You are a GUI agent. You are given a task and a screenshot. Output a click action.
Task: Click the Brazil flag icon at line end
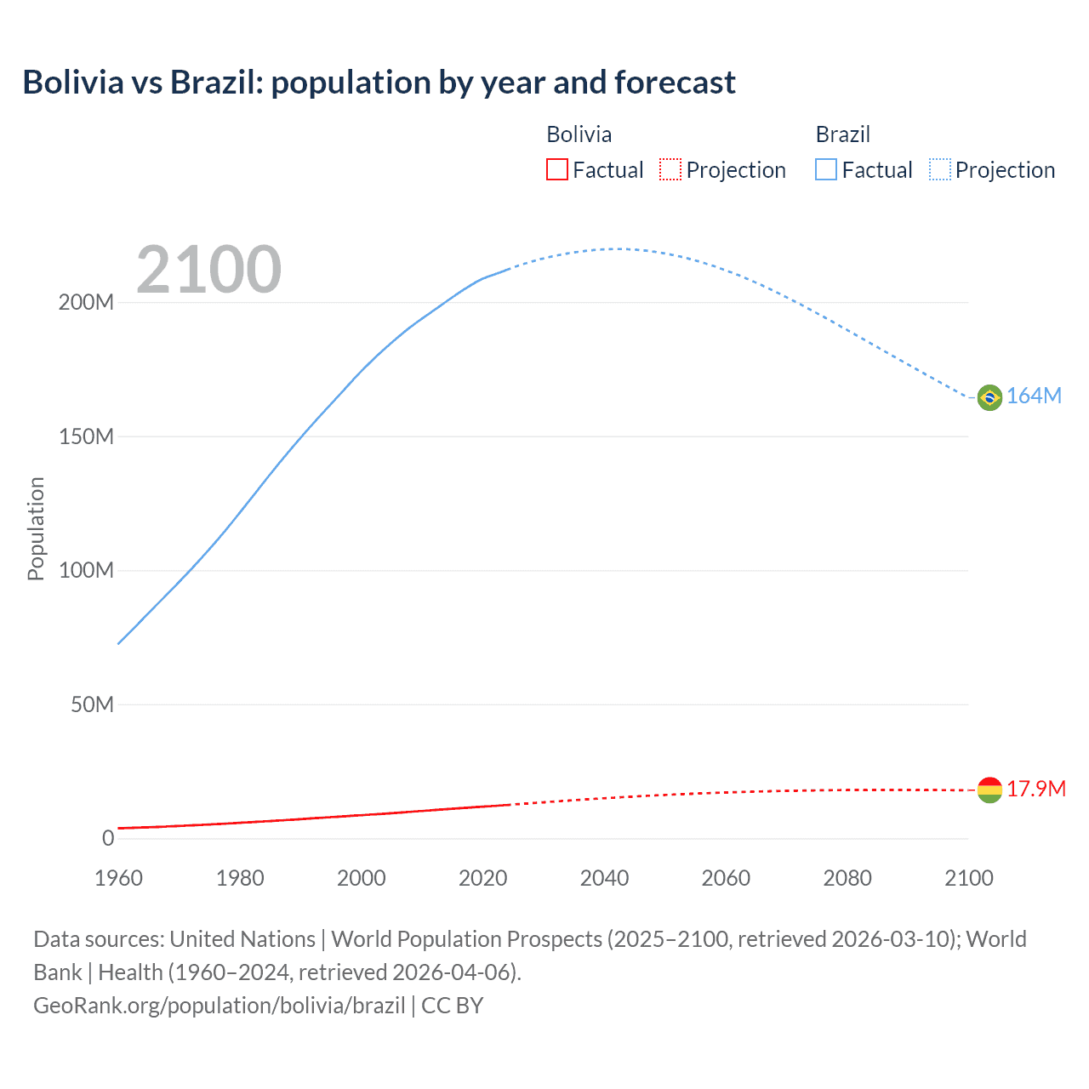(x=989, y=397)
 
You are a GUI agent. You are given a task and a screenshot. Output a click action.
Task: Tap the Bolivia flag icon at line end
(x=989, y=790)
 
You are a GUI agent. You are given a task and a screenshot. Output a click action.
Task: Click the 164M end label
(x=1034, y=396)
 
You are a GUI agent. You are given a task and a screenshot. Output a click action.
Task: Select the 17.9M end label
(x=1036, y=790)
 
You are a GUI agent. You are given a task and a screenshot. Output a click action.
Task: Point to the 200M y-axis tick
(x=86, y=303)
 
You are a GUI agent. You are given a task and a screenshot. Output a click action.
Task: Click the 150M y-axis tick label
(x=86, y=437)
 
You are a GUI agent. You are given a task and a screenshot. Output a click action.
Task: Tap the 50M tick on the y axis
(x=92, y=705)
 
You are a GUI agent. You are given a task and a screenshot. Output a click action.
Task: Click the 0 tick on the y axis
(x=108, y=839)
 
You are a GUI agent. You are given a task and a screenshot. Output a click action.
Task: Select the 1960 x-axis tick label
(x=118, y=879)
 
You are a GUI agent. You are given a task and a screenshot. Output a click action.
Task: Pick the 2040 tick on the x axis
(x=604, y=879)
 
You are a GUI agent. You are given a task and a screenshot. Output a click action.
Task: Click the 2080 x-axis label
(x=847, y=879)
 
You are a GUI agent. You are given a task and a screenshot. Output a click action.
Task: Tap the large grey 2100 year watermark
(x=208, y=270)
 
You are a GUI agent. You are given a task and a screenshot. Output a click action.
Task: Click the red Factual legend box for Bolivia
(x=557, y=170)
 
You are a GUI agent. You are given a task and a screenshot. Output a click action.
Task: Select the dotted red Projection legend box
(x=670, y=170)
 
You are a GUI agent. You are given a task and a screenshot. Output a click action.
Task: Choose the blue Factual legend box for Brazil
(x=826, y=170)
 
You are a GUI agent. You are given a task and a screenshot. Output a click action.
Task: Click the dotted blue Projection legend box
(x=940, y=170)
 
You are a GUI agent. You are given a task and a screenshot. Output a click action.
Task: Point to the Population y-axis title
(x=36, y=529)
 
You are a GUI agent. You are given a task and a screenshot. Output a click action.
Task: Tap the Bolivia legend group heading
(x=579, y=134)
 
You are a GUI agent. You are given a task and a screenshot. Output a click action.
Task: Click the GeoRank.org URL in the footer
(x=220, y=1006)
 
